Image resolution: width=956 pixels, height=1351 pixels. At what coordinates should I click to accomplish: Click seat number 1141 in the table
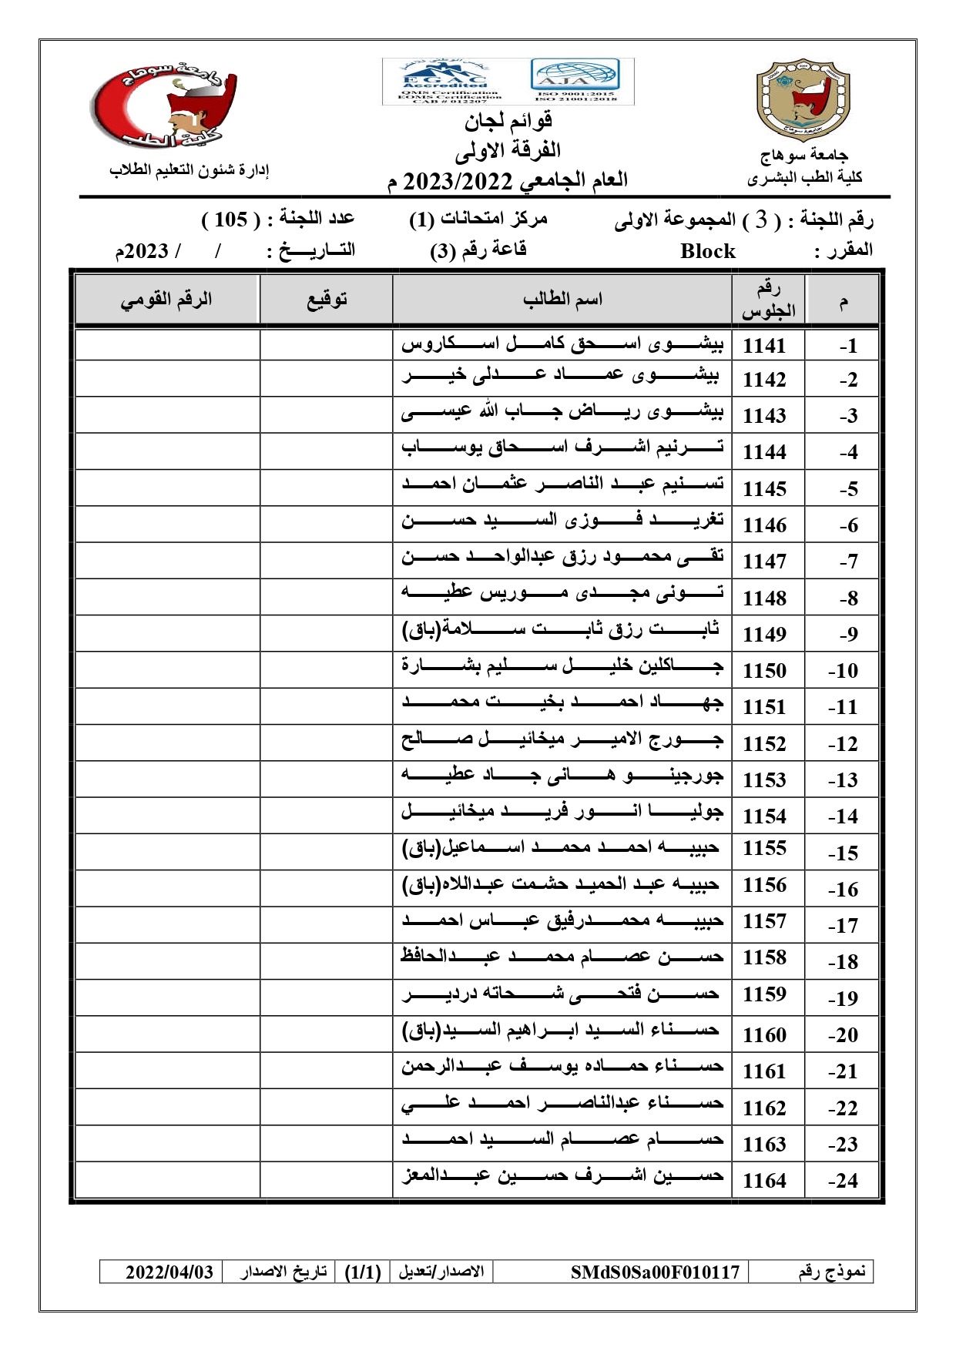click(x=764, y=346)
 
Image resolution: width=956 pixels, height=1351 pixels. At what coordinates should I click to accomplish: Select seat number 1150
click(x=764, y=671)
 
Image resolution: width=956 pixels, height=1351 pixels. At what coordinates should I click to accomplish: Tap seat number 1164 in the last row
click(x=764, y=1181)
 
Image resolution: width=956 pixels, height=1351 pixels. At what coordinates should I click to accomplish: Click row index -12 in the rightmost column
click(x=843, y=744)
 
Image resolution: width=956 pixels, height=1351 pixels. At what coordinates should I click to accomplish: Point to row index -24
click(x=843, y=1181)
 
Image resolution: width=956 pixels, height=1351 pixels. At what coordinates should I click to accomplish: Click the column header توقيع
click(x=327, y=300)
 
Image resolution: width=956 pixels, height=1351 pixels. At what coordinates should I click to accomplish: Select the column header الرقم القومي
click(x=166, y=300)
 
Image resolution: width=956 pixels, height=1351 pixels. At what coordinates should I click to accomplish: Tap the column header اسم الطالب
click(x=562, y=300)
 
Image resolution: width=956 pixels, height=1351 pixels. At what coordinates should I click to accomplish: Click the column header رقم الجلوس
click(x=768, y=300)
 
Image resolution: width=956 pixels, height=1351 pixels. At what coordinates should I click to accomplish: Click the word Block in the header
click(x=707, y=251)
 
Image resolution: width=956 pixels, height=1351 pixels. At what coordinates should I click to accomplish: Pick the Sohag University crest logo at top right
click(x=803, y=100)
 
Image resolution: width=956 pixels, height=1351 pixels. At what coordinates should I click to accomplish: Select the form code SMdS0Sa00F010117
click(x=655, y=1272)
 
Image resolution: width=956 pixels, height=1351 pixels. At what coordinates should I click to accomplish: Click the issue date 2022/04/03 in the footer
click(x=169, y=1272)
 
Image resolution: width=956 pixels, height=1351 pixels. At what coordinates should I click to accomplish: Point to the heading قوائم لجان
click(x=508, y=121)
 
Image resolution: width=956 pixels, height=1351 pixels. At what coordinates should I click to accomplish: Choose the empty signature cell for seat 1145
click(x=327, y=488)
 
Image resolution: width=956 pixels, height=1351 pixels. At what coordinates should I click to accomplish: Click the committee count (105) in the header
click(x=231, y=220)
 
